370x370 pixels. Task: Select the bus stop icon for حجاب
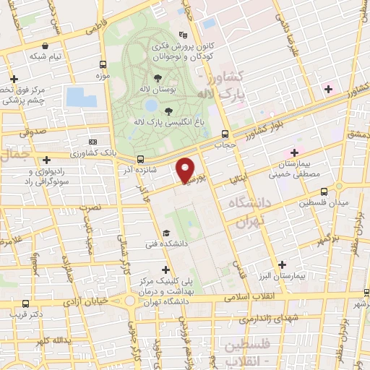226,134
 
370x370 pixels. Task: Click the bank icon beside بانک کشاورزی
92,143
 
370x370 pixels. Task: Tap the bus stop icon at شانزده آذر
140,159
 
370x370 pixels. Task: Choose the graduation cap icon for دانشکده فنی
167,233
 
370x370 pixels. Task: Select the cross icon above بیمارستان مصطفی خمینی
294,152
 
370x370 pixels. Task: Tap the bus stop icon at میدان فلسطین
323,192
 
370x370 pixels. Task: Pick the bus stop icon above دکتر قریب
26,304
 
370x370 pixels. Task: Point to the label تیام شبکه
45,56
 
